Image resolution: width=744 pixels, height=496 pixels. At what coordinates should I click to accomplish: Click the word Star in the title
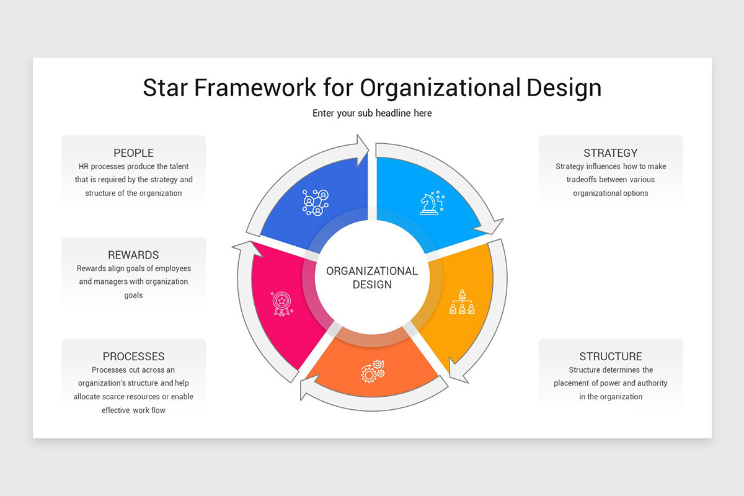click(x=165, y=87)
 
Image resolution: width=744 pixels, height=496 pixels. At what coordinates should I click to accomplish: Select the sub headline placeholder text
click(x=372, y=113)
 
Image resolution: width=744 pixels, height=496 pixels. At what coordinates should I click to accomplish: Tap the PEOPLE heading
click(x=133, y=153)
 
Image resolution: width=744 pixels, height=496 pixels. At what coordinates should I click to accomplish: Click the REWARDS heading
click(x=133, y=255)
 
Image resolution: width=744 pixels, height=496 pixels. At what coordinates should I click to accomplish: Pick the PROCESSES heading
click(x=133, y=356)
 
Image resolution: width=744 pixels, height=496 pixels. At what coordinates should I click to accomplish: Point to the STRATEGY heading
click(x=611, y=153)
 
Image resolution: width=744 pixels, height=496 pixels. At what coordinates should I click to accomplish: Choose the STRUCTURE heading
click(x=611, y=356)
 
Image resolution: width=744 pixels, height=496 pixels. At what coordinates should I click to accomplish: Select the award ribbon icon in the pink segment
click(x=282, y=303)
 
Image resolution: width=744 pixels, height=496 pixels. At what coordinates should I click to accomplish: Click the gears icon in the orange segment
click(x=373, y=371)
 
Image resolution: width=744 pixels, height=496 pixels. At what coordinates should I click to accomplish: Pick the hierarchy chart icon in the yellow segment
click(x=462, y=302)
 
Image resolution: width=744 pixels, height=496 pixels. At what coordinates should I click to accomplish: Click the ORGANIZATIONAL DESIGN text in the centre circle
click(x=372, y=278)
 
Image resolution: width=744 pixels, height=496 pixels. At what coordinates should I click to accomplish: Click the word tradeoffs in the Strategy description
click(x=582, y=180)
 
